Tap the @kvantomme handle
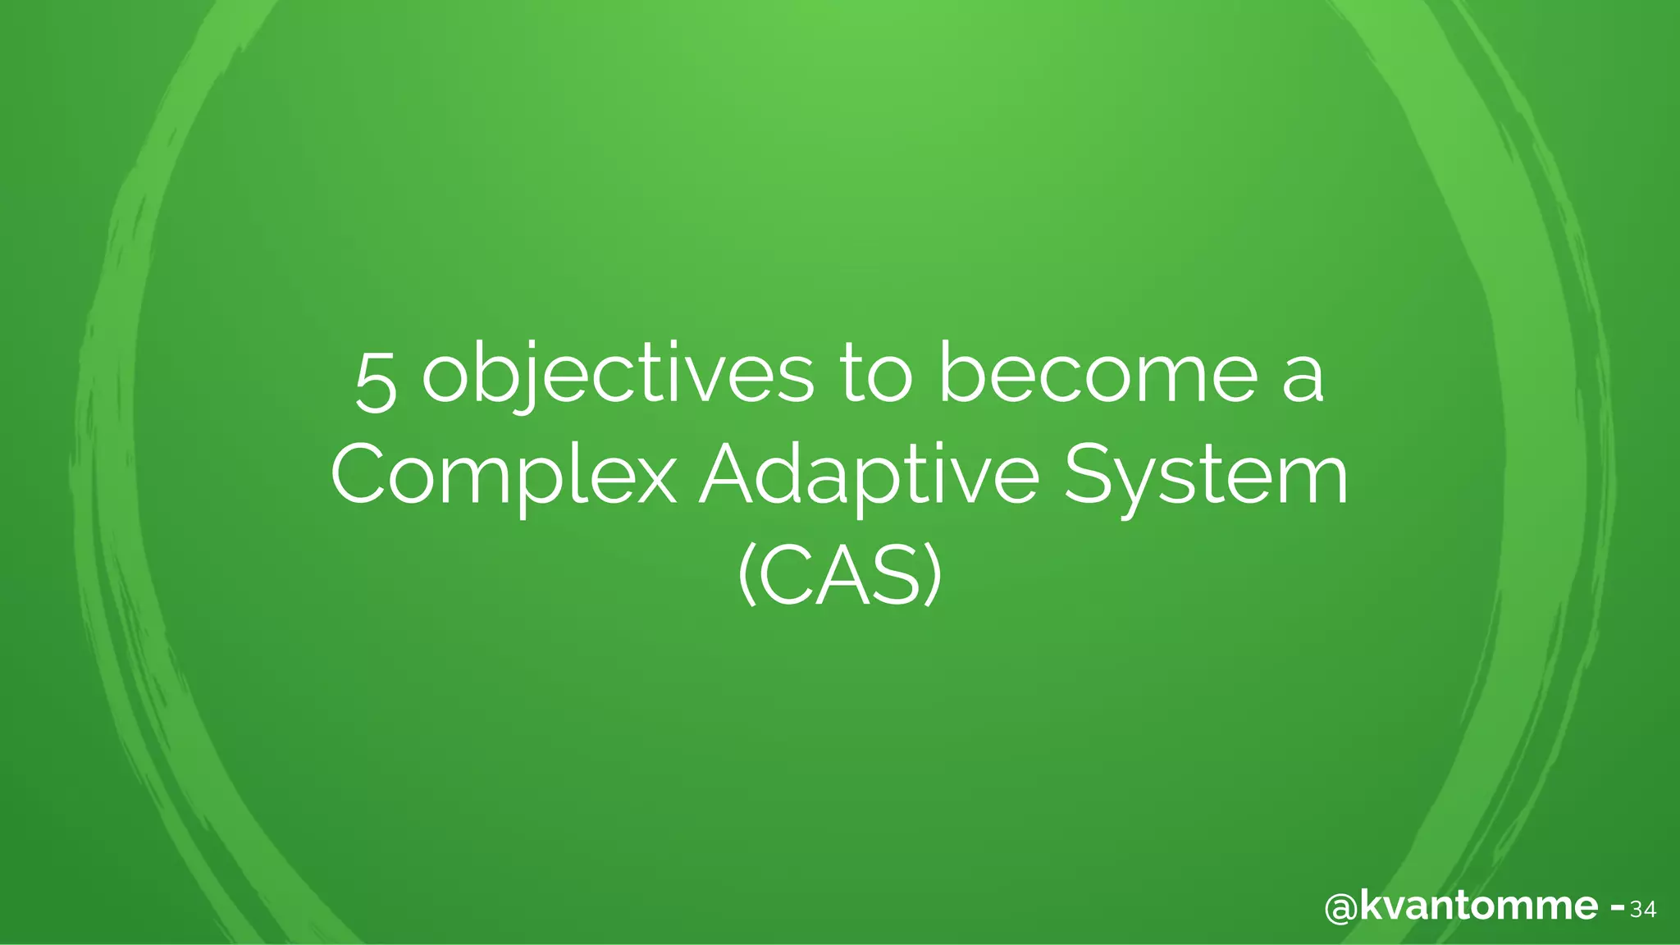(x=1460, y=907)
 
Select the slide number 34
(x=1643, y=910)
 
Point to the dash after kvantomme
(x=1618, y=908)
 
